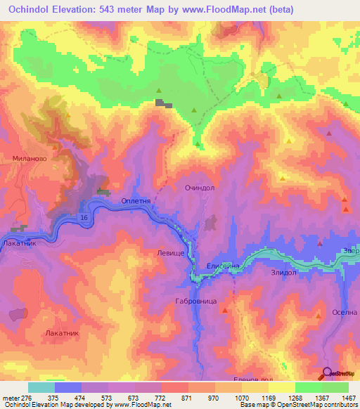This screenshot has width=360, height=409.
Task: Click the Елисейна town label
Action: [223, 266]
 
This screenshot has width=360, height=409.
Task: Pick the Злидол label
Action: [285, 271]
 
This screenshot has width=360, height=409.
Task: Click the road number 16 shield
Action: [84, 220]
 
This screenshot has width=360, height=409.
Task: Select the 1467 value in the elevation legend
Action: [348, 398]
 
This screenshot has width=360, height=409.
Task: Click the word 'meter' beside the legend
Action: [10, 398]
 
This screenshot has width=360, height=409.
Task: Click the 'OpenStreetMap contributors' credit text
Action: [318, 405]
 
